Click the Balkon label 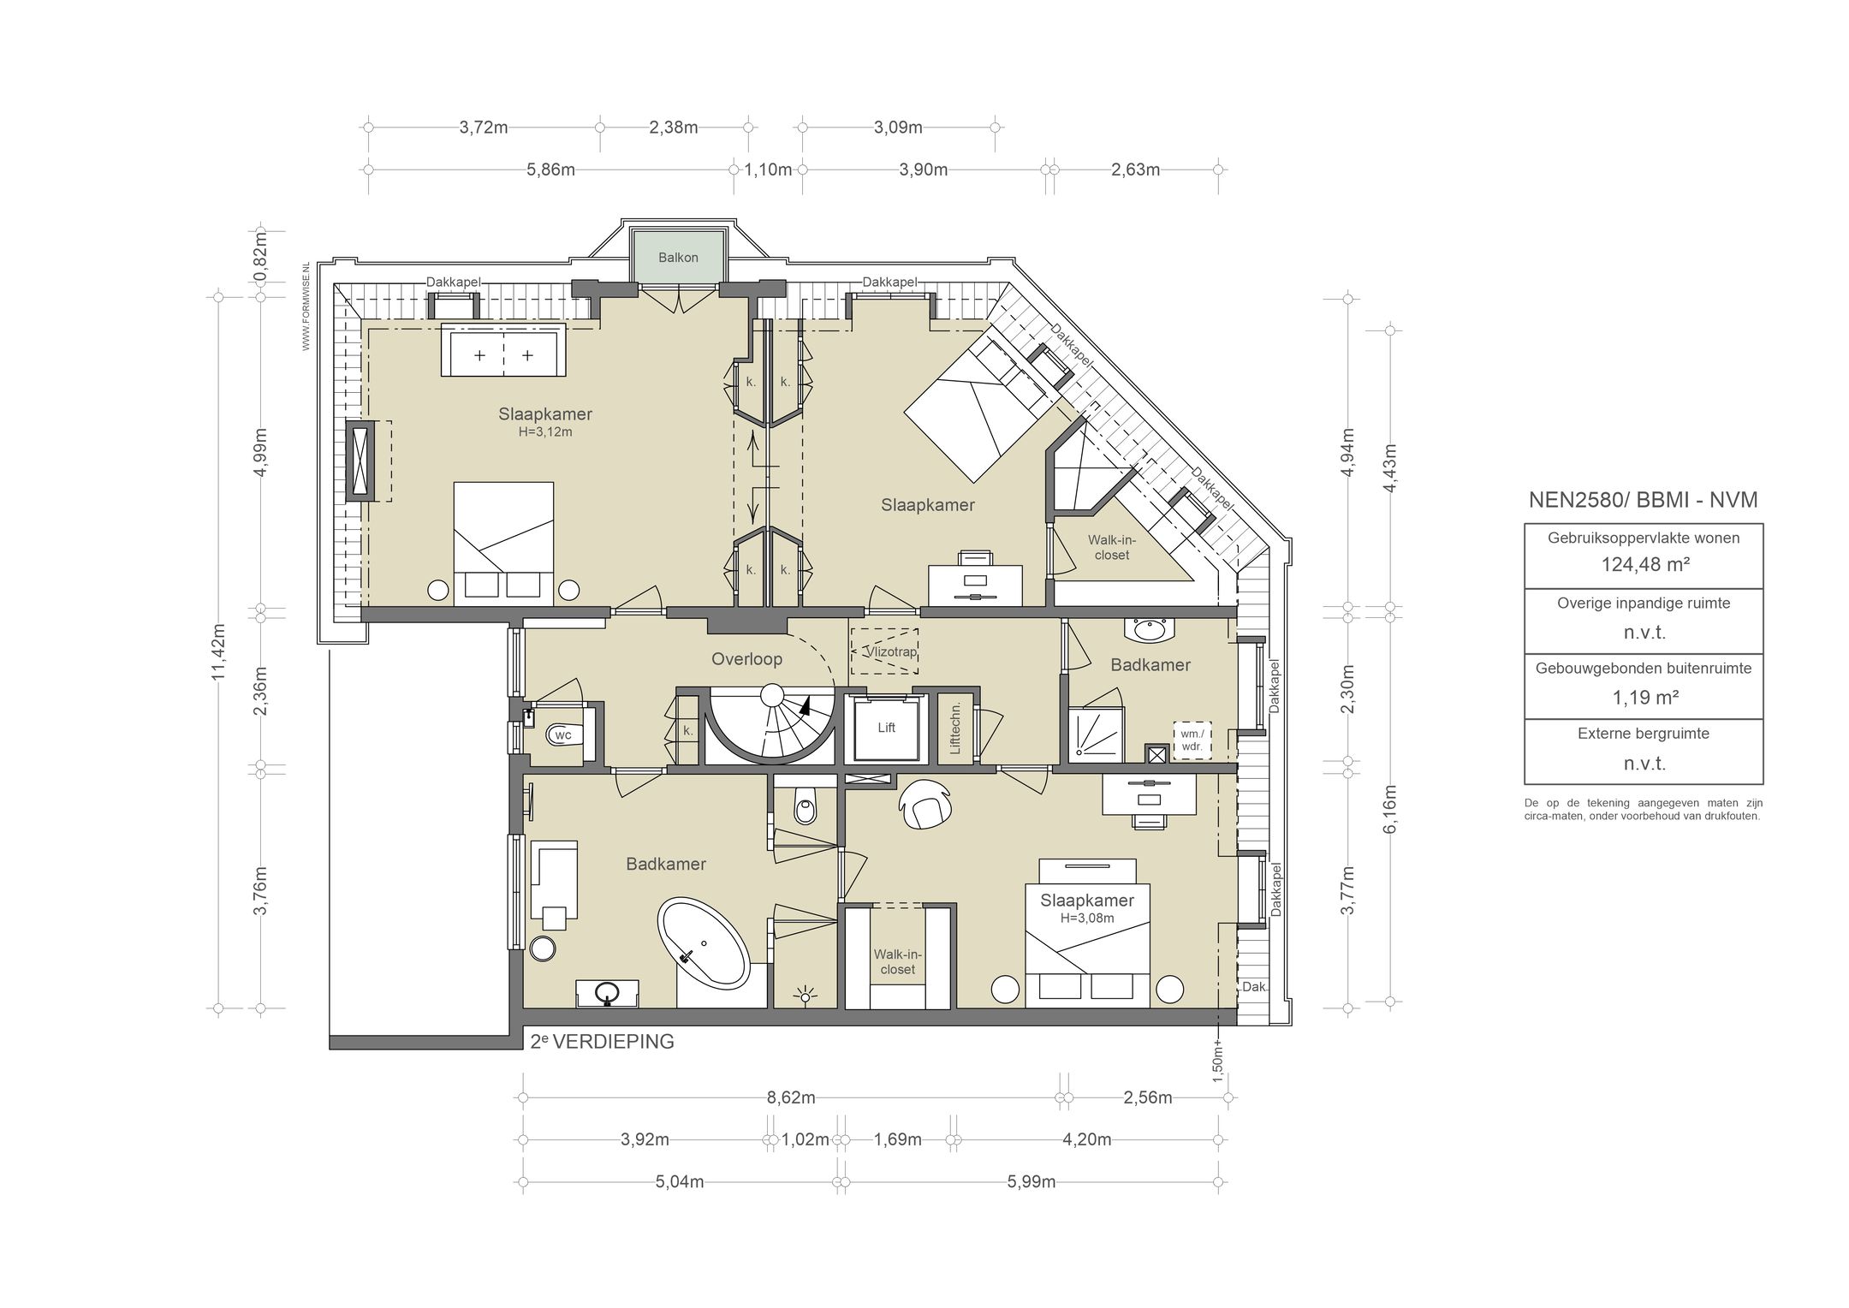click(678, 258)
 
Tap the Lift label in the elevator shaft click(886, 728)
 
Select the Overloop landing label click(747, 659)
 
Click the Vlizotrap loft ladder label click(890, 651)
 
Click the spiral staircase click(772, 724)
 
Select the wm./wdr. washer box click(1192, 740)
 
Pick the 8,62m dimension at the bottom click(792, 1097)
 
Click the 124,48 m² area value click(1644, 564)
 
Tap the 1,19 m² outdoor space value click(1644, 698)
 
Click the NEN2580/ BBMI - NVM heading click(1644, 500)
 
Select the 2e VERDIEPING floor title click(602, 1042)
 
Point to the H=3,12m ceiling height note click(545, 432)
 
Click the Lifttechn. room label click(955, 728)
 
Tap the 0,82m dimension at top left click(260, 257)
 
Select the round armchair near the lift click(924, 803)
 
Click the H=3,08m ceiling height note click(1087, 919)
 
